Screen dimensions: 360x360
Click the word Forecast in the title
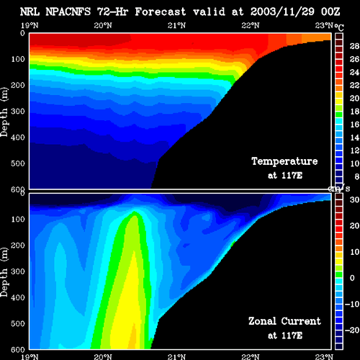[x=161, y=12]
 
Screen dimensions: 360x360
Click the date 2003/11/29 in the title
[x=282, y=12]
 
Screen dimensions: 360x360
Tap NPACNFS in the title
[x=68, y=12]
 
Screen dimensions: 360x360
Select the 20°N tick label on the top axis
[x=103, y=25]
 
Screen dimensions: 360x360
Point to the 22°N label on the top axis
[x=251, y=25]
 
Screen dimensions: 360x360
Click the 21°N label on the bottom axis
[x=176, y=356]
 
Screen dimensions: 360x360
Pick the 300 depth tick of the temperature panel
[x=18, y=111]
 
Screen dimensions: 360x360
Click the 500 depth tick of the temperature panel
[x=18, y=163]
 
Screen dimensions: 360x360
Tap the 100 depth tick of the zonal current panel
[x=18, y=219]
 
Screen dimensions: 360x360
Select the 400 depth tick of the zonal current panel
[x=18, y=297]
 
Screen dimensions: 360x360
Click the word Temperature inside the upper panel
[x=284, y=161]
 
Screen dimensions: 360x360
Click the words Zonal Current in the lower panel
[x=284, y=321]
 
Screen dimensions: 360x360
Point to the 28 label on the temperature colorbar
[x=354, y=46]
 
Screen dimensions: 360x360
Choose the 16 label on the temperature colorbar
[x=354, y=125]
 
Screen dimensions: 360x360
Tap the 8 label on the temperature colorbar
[x=356, y=176]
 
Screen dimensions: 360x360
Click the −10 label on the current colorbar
[x=352, y=304]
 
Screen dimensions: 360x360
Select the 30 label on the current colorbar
[x=354, y=199]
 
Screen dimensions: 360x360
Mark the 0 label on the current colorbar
[x=352, y=278]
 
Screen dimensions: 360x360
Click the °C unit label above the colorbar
[x=339, y=27]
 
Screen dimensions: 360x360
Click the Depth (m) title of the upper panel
[x=4, y=112]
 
